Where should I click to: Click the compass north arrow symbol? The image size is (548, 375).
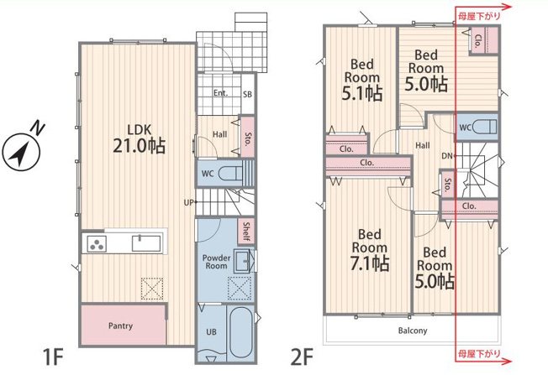[21, 153]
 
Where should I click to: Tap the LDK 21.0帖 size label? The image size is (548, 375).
[139, 145]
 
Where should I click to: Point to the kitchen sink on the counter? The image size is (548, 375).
[146, 242]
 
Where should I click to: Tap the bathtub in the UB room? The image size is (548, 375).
[241, 332]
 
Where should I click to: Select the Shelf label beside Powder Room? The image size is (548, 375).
[246, 232]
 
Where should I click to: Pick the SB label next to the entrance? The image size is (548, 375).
[247, 94]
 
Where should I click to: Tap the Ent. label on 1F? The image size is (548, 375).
[220, 93]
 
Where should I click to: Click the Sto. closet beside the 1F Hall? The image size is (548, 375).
[247, 136]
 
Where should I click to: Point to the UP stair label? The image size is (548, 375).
[188, 202]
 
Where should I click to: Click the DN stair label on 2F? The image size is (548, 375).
[446, 156]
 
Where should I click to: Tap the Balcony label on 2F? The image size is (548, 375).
[413, 331]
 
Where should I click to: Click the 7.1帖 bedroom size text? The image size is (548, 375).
[370, 263]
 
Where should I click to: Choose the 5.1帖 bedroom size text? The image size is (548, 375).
[362, 93]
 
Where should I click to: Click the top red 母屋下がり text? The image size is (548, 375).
[479, 16]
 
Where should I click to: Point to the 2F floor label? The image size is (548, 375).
[302, 357]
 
